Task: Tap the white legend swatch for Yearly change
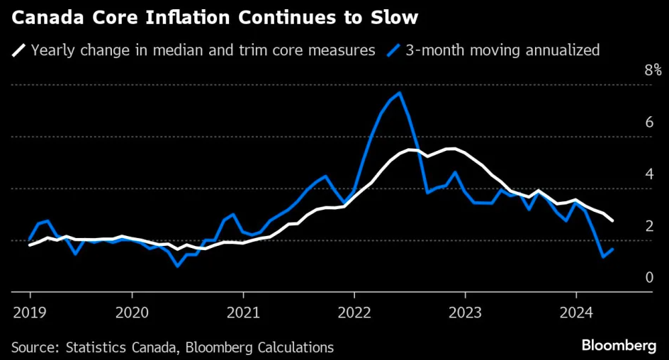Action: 19,50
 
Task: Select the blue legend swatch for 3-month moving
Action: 395,50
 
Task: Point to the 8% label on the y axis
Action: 652,70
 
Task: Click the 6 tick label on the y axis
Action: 648,122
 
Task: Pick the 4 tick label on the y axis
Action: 648,174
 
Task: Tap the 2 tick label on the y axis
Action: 648,225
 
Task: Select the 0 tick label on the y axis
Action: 648,277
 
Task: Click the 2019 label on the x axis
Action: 30,311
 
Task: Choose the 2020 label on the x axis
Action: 132,311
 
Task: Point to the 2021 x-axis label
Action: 243,311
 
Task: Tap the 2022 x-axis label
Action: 354,311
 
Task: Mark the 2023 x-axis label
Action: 465,311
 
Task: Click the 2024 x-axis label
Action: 575,311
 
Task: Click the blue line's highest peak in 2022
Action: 400,93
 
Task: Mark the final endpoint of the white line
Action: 612,221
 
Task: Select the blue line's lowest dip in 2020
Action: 178,266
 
